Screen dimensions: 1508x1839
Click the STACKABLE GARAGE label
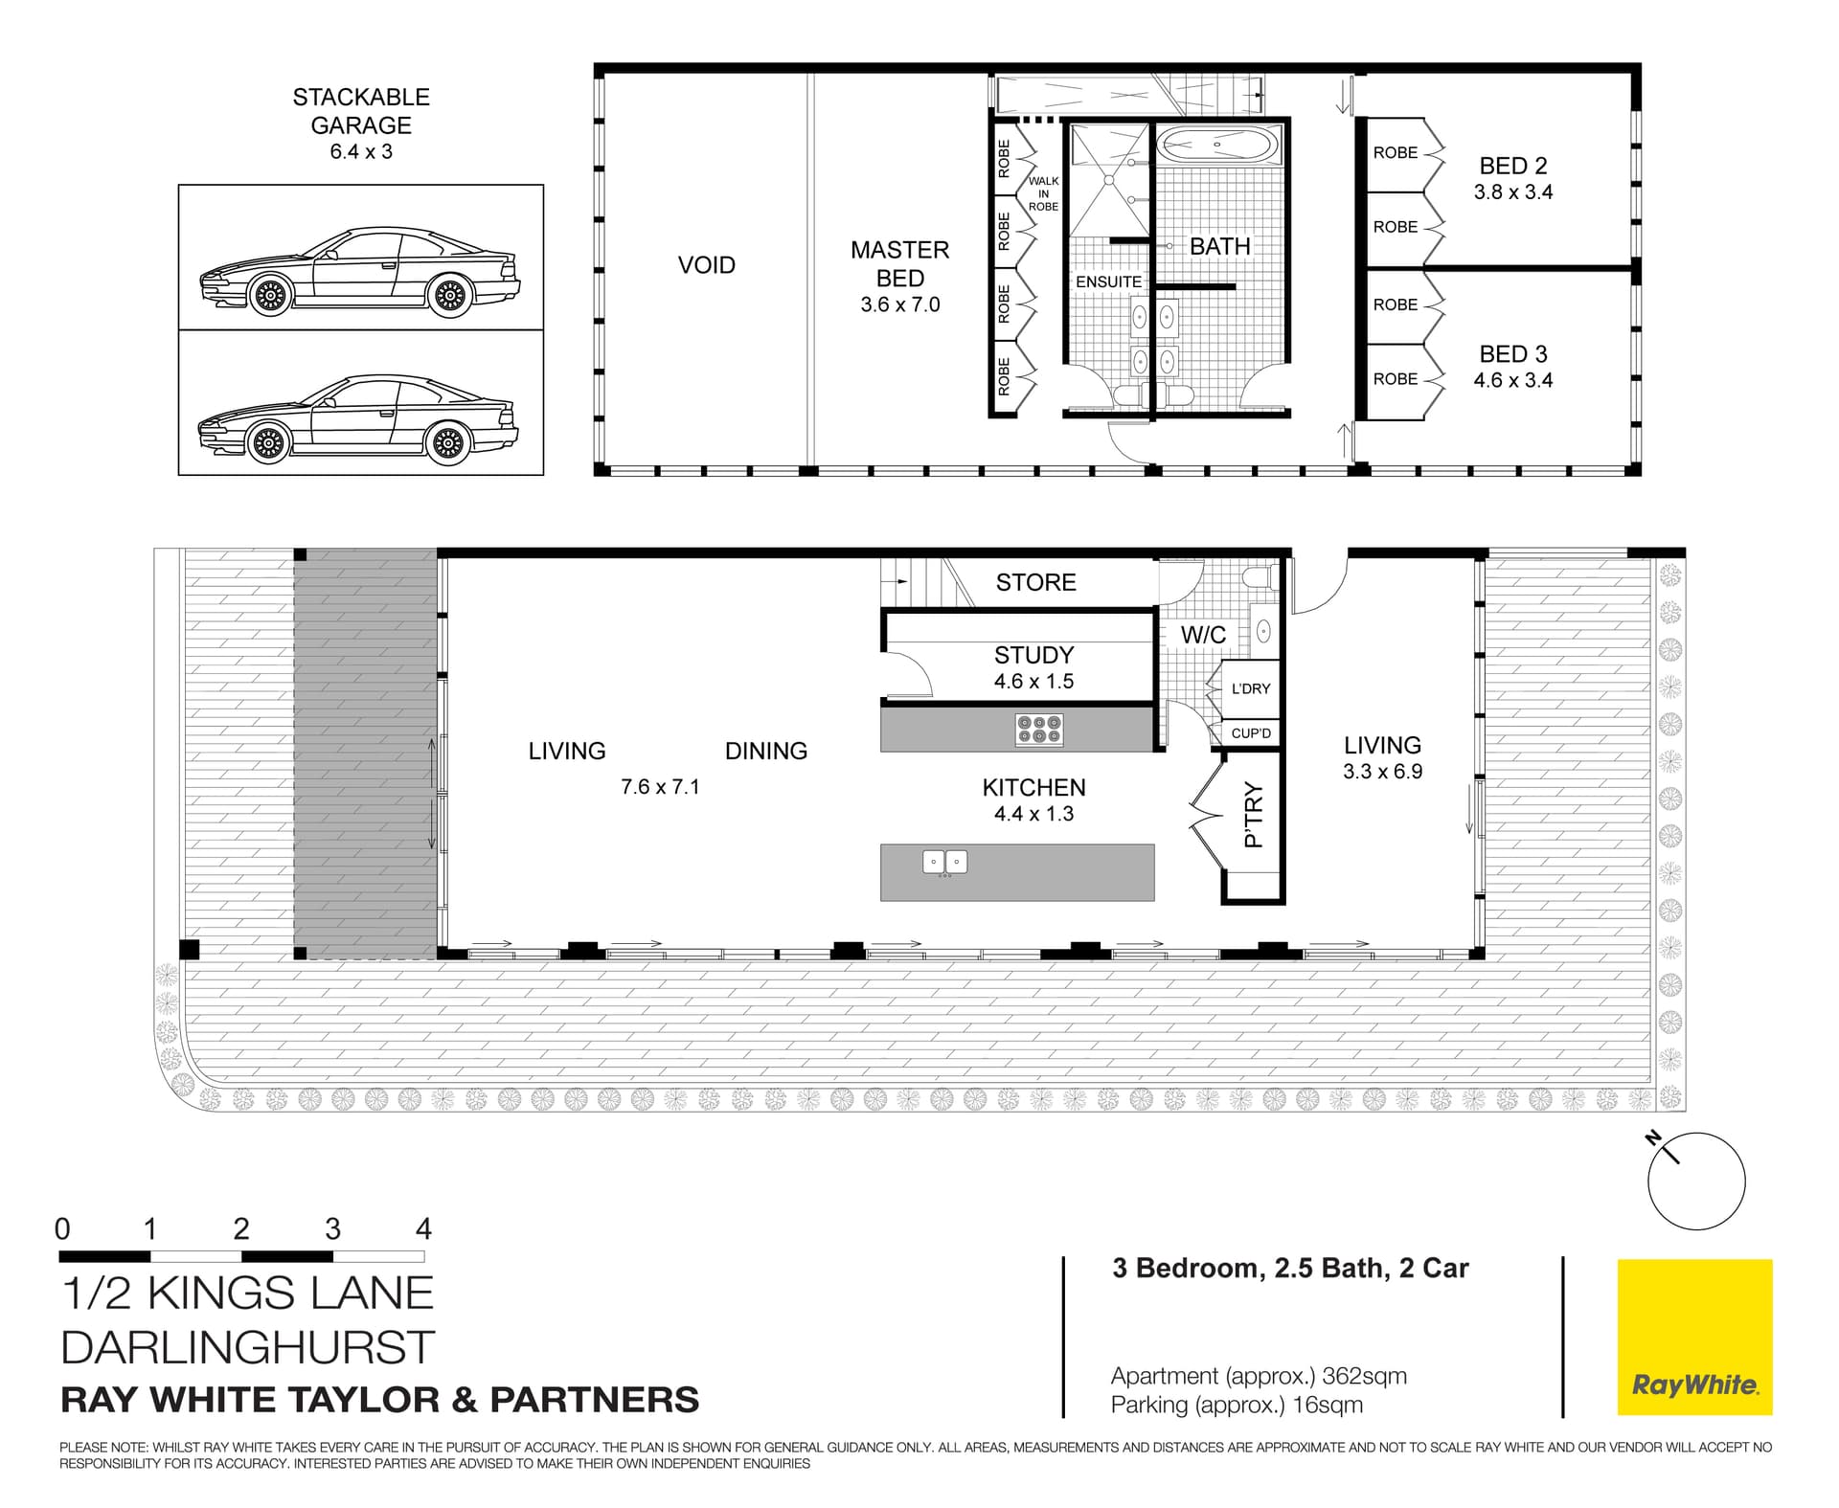click(x=361, y=111)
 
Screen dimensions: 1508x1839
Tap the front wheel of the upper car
click(x=270, y=296)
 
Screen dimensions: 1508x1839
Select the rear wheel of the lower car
click(x=447, y=443)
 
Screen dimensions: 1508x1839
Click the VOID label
click(x=706, y=265)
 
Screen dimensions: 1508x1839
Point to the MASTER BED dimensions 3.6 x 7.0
click(x=899, y=305)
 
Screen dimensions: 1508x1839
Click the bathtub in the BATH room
click(x=1216, y=146)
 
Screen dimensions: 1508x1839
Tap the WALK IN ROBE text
click(x=1043, y=193)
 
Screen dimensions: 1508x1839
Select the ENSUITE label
click(x=1108, y=281)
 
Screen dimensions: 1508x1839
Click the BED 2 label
click(x=1512, y=166)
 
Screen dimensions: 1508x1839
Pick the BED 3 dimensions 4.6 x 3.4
click(x=1512, y=380)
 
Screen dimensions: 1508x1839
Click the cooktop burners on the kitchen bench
click(x=1039, y=730)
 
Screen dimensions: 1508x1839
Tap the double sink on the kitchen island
click(x=944, y=862)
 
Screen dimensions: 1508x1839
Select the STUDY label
click(x=1033, y=655)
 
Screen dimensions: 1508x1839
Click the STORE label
click(x=1035, y=582)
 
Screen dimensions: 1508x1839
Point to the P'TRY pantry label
click(x=1253, y=815)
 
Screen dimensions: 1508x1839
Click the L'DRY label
click(x=1251, y=688)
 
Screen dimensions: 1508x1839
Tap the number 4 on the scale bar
click(x=423, y=1228)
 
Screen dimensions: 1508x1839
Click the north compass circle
click(x=1696, y=1182)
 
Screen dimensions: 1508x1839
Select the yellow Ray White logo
click(x=1694, y=1337)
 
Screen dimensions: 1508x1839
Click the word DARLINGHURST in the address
click(x=247, y=1347)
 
